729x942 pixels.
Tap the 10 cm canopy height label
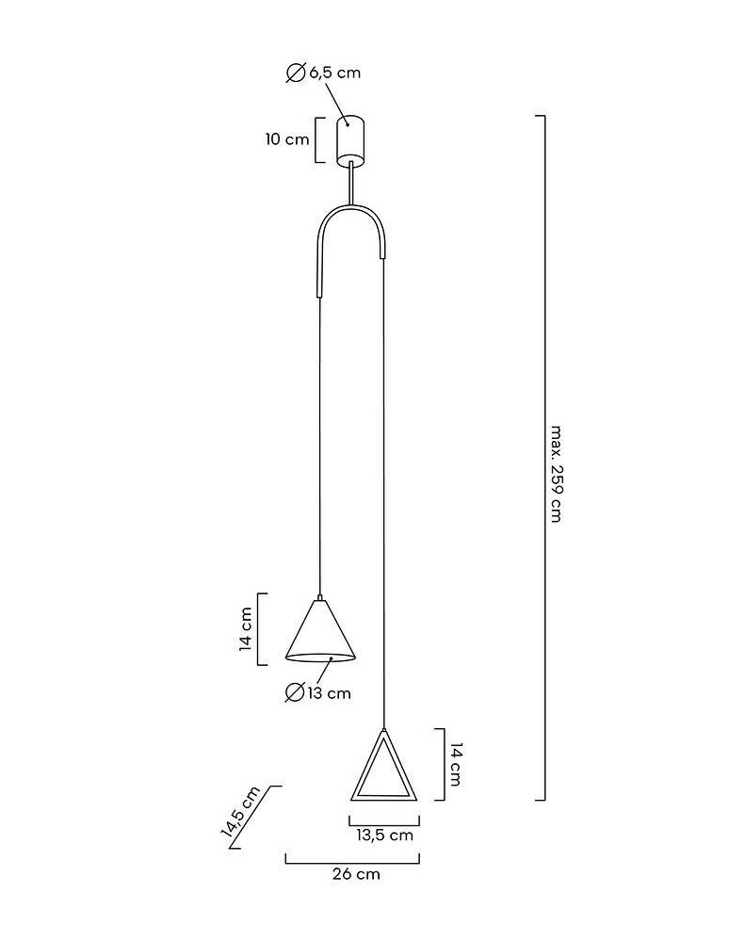tap(286, 139)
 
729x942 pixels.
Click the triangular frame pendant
tap(383, 770)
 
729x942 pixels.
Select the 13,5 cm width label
tap(384, 835)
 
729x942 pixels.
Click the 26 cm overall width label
tap(356, 874)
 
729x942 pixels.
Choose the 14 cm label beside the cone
tap(245, 629)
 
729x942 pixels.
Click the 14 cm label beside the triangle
tap(455, 764)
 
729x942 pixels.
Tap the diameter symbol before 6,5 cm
tap(295, 73)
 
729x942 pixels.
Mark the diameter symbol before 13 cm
tap(294, 693)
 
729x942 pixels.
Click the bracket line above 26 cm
tap(352, 858)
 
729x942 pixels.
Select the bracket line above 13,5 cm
tap(383, 819)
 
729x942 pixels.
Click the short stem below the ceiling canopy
tap(352, 183)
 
